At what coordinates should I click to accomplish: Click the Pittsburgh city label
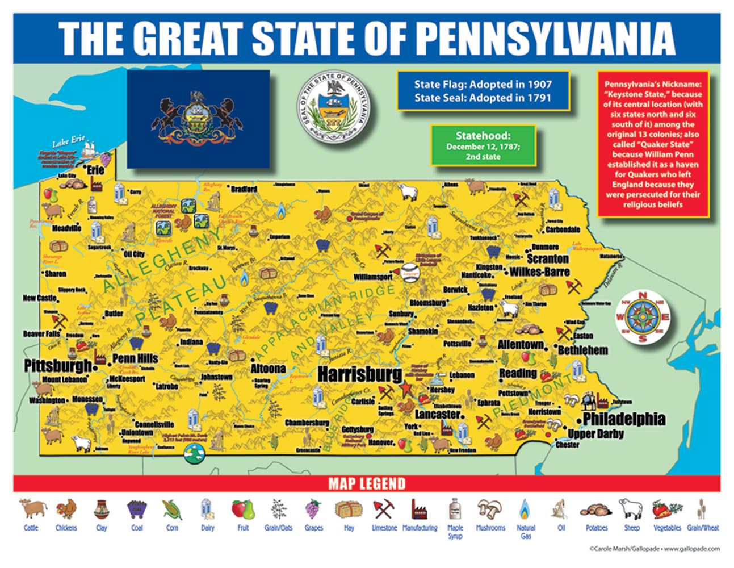pyautogui.click(x=57, y=366)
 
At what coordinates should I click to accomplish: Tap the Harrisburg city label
pyautogui.click(x=359, y=374)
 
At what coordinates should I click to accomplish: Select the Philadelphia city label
pyautogui.click(x=624, y=419)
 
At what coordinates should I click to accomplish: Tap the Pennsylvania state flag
pyautogui.click(x=198, y=119)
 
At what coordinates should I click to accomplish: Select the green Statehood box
pyautogui.click(x=483, y=145)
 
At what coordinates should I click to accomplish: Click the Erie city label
pyautogui.click(x=95, y=170)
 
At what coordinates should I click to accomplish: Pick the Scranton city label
pyautogui.click(x=547, y=258)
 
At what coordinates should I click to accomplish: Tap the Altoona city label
pyautogui.click(x=268, y=368)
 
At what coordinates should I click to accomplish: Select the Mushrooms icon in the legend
pyautogui.click(x=490, y=509)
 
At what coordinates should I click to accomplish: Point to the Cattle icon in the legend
pyautogui.click(x=31, y=509)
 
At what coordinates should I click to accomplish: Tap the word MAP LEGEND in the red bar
pyautogui.click(x=367, y=484)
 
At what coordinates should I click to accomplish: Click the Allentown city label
pyautogui.click(x=521, y=345)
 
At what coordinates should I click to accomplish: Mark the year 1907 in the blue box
pyautogui.click(x=539, y=84)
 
